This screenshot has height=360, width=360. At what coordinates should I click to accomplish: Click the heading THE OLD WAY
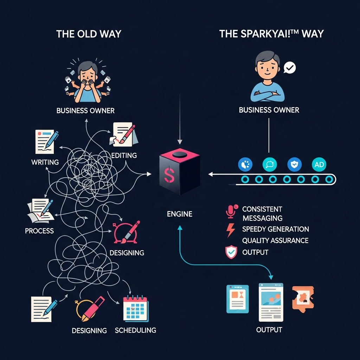pyautogui.click(x=89, y=34)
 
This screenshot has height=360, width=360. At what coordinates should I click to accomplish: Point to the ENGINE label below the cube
pyautogui.click(x=180, y=214)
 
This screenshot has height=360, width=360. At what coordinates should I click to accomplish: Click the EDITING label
pyautogui.click(x=124, y=155)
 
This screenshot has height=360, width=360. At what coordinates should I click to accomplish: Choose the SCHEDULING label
pyautogui.click(x=135, y=330)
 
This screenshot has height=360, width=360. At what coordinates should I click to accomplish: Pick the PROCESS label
pyautogui.click(x=39, y=231)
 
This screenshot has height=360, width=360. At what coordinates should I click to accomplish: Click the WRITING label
pyautogui.click(x=45, y=162)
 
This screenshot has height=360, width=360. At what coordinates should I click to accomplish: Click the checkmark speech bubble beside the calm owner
pyautogui.click(x=290, y=67)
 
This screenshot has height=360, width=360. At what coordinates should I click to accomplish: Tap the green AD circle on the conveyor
pyautogui.click(x=319, y=164)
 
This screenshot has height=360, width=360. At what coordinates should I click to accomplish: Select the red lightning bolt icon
pyautogui.click(x=231, y=230)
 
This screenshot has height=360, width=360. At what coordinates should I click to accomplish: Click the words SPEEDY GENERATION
pyautogui.click(x=276, y=229)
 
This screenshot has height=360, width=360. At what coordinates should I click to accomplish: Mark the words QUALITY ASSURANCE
pyautogui.click(x=275, y=241)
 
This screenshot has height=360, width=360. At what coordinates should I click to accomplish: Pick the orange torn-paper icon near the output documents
pyautogui.click(x=302, y=298)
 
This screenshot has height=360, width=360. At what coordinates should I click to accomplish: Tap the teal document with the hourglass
pyautogui.click(x=238, y=299)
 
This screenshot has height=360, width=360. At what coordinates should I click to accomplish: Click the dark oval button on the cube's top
pyautogui.click(x=180, y=154)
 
